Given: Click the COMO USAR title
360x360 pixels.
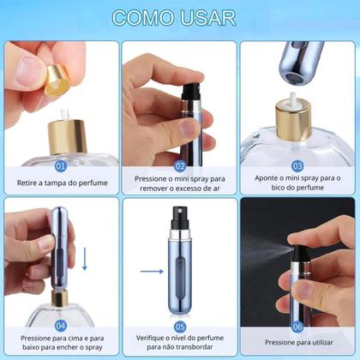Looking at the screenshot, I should [x=179, y=17].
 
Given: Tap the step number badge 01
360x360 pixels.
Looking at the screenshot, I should [x=60, y=165].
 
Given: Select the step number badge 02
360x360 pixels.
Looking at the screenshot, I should [x=180, y=165].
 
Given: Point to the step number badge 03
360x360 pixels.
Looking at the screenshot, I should [x=297, y=165].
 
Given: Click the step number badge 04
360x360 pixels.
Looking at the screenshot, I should [x=60, y=325].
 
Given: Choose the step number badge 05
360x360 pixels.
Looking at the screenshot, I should [x=180, y=325].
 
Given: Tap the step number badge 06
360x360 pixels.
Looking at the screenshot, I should [x=297, y=325].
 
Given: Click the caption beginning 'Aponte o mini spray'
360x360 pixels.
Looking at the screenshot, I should [x=297, y=183].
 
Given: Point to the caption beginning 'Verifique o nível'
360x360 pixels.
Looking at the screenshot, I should [x=180, y=344].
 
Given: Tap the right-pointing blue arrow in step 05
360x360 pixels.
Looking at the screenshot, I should [x=152, y=272].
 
